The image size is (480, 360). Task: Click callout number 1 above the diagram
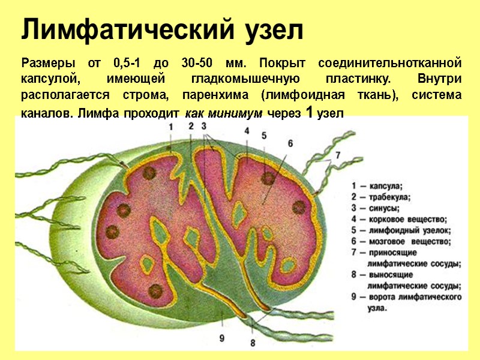coord(170,127)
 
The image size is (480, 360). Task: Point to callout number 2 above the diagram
coord(190,126)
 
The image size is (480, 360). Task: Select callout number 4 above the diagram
coord(247,130)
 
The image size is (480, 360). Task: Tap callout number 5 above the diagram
coord(264,136)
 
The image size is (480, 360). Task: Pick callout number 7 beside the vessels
coord(337,155)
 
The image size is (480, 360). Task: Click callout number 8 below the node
coord(253,343)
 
